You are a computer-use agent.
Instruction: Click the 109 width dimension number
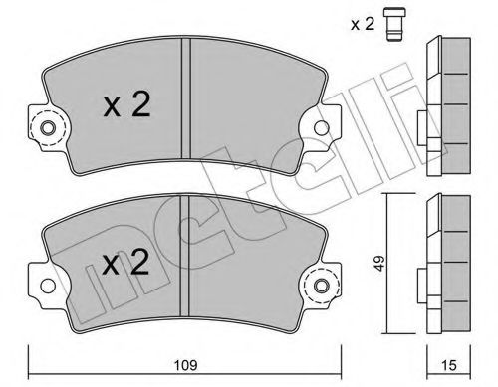coord(186,365)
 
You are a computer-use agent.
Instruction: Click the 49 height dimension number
coord(379,264)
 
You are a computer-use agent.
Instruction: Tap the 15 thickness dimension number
coord(449,365)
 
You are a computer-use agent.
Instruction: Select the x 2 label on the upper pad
coord(127,105)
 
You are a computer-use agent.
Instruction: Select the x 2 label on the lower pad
coord(125,263)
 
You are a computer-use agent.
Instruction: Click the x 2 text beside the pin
coord(363,24)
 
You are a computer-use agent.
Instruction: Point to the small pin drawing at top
coord(395,25)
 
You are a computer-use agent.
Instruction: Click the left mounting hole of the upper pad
coord(47,128)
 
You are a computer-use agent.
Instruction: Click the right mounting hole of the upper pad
coord(321,127)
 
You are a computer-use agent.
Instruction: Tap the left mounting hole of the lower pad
coord(48,286)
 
